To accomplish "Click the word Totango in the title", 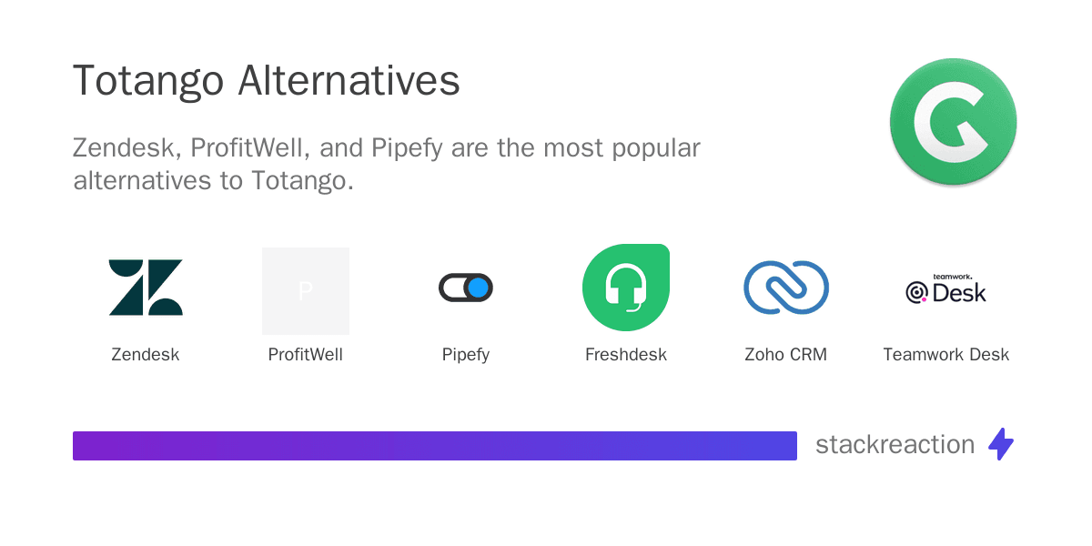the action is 148,82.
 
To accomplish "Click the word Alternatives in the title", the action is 349,80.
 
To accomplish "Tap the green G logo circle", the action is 954,122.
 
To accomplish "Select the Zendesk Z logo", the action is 146,288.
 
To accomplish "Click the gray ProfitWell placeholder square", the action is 306,291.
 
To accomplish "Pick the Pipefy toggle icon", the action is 466,288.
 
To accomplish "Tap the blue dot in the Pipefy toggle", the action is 479,288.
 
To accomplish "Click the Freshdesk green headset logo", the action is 626,288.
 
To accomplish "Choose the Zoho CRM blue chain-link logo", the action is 786,288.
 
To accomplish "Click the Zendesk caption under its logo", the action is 146,354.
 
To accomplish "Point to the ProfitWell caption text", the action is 305,354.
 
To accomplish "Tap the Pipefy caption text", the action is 466,355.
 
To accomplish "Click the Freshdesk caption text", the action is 626,354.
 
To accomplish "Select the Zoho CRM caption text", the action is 786,354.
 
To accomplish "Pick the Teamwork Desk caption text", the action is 945,354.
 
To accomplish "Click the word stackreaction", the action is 895,445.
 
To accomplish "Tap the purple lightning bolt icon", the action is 1001,444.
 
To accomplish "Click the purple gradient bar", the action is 435,446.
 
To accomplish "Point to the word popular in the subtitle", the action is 656,148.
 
